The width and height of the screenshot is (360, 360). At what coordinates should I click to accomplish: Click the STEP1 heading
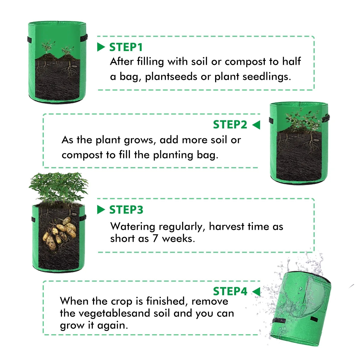click(x=126, y=47)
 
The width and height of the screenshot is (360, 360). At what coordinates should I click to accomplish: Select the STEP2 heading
click(x=230, y=124)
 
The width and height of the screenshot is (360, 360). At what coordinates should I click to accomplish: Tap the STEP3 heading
click(x=126, y=210)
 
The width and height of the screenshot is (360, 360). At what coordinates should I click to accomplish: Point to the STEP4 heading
click(x=230, y=291)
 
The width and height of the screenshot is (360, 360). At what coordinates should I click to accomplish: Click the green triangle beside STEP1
click(x=101, y=47)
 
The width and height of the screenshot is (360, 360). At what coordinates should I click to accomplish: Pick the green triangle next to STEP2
click(x=256, y=125)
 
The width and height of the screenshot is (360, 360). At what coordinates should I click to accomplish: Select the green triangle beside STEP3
click(x=101, y=210)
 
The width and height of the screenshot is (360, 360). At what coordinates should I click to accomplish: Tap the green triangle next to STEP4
click(x=256, y=291)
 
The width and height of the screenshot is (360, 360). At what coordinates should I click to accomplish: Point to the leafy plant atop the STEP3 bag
click(x=58, y=186)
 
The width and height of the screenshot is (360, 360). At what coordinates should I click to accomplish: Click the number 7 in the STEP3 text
click(x=155, y=239)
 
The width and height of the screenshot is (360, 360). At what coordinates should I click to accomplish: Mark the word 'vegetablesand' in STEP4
click(x=111, y=313)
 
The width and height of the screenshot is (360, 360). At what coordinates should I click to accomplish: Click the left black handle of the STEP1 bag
click(x=29, y=39)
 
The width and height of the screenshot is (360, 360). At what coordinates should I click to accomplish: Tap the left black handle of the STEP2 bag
click(x=271, y=120)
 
